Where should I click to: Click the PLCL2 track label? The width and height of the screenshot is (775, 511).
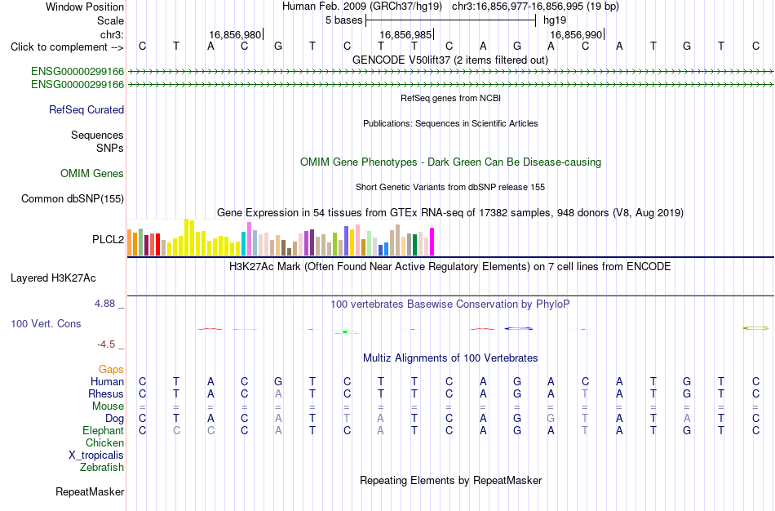(108, 239)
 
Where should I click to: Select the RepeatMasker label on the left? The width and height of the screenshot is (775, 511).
(90, 491)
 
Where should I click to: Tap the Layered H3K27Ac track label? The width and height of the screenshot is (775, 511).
(53, 278)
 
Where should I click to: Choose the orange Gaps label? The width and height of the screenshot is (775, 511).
(111, 370)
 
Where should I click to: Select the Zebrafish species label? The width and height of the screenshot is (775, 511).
(102, 467)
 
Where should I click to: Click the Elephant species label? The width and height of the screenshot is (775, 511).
(103, 430)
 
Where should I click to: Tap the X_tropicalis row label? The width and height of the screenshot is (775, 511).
(96, 455)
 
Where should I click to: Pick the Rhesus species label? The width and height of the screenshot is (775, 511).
(106, 393)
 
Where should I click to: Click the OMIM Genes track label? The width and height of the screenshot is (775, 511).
(92, 173)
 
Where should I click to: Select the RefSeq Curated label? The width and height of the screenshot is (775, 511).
(86, 110)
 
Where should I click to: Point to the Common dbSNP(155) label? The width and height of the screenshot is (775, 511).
(73, 199)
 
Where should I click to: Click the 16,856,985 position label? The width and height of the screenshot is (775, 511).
(405, 34)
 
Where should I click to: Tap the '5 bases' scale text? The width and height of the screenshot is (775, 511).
(343, 20)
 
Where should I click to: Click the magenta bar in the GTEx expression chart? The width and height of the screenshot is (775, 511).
(432, 242)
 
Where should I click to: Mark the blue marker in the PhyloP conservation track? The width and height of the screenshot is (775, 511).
(519, 328)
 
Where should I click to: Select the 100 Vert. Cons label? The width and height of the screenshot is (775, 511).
(46, 323)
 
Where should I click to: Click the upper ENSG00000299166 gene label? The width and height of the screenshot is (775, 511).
(77, 71)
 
